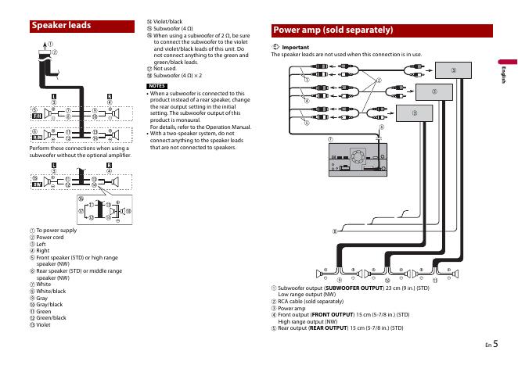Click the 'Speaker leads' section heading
coord(61,26)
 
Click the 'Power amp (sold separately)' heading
coord(332,30)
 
